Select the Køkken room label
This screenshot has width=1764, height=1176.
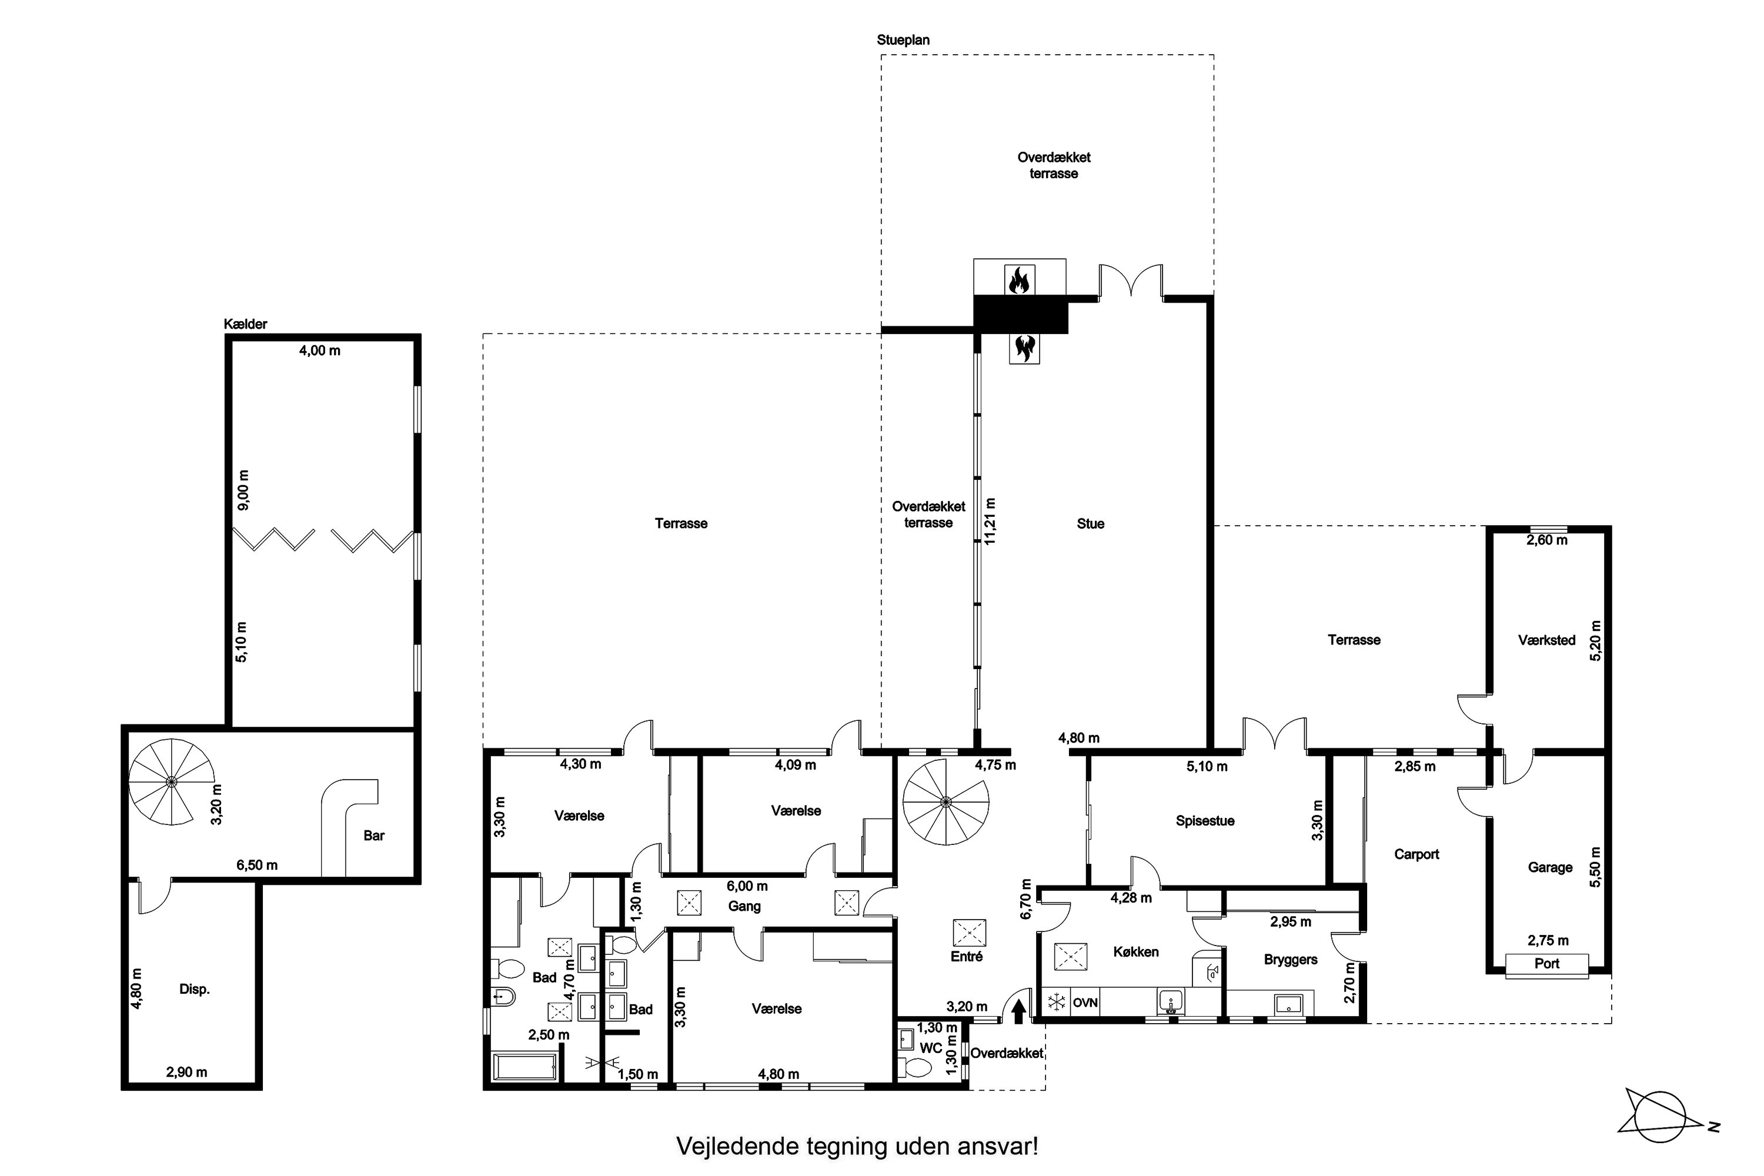pyautogui.click(x=1135, y=952)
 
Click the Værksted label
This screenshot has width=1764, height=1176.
pyautogui.click(x=1546, y=640)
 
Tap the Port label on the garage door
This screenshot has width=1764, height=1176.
pyautogui.click(x=1546, y=964)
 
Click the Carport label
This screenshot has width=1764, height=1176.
pyautogui.click(x=1416, y=854)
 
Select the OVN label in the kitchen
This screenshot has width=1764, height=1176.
pyautogui.click(x=1085, y=1003)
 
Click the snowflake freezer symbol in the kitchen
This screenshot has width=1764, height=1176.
pyautogui.click(x=1056, y=1002)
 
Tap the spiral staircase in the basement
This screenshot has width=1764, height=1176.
pyautogui.click(x=172, y=781)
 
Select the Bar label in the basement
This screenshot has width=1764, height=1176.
pyautogui.click(x=373, y=836)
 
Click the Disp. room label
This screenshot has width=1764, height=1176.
pyautogui.click(x=194, y=989)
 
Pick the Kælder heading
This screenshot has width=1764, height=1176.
pyautogui.click(x=245, y=324)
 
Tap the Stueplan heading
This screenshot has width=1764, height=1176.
pyautogui.click(x=903, y=40)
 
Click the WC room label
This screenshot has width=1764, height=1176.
pyautogui.click(x=930, y=1048)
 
